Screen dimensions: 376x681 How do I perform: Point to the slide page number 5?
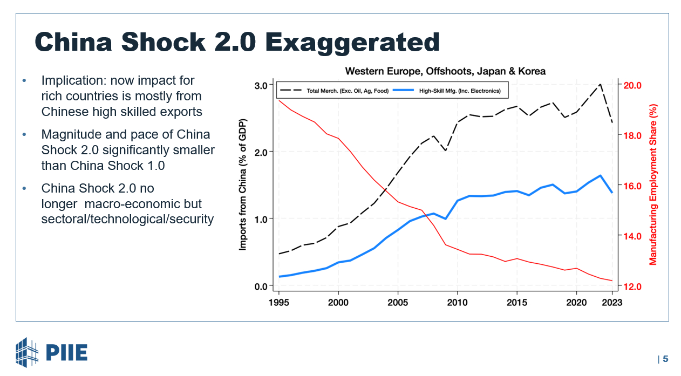coord(665,359)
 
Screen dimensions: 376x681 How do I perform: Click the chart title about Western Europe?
coord(445,71)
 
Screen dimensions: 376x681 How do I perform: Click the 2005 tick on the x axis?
coord(398,303)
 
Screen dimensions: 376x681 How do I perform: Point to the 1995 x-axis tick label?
coord(279,303)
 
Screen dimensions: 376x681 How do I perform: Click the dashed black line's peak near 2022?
coord(600,84)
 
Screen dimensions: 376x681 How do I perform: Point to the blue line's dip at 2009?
coord(445,218)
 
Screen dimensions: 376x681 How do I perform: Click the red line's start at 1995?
coord(279,100)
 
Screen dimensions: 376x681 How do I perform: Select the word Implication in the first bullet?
coord(70,81)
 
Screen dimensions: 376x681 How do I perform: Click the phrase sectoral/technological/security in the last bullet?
coord(127,219)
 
